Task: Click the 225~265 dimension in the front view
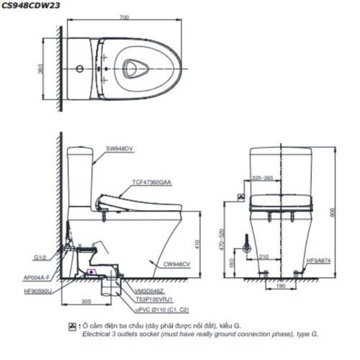(264, 177)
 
